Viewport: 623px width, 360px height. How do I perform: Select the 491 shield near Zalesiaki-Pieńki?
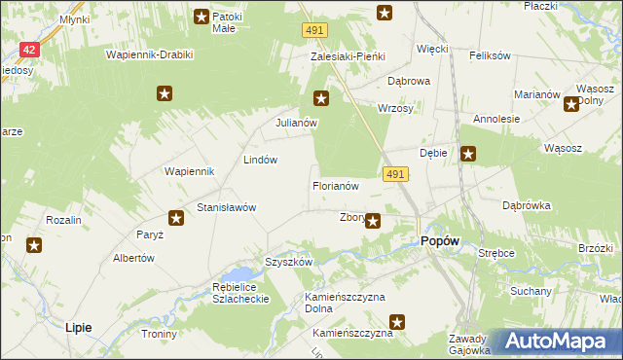[312, 32]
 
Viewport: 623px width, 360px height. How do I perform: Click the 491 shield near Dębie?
[394, 173]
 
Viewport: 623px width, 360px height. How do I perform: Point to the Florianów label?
[336, 185]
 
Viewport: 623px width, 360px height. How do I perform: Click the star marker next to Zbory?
[373, 222]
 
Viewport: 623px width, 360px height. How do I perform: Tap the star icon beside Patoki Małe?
[202, 16]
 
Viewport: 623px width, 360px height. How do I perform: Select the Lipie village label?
[78, 328]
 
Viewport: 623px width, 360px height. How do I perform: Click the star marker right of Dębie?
[468, 153]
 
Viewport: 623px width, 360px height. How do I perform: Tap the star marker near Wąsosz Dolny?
[570, 105]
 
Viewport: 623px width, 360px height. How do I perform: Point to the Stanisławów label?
[226, 207]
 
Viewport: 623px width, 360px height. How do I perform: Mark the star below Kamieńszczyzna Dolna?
[397, 322]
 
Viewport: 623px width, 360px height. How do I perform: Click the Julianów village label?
[296, 124]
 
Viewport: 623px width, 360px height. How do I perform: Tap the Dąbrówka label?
[527, 205]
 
